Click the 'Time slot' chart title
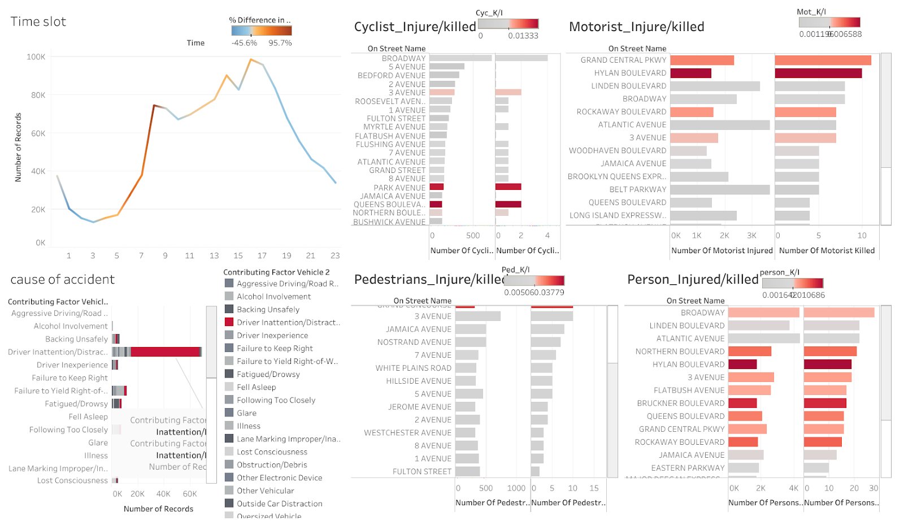[x=38, y=21]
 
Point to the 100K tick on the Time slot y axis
[x=36, y=57]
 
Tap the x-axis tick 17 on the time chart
[x=262, y=255]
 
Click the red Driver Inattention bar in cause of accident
[x=166, y=352]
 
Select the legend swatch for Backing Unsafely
[x=229, y=309]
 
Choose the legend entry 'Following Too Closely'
[x=276, y=400]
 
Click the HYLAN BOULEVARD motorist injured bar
[x=690, y=73]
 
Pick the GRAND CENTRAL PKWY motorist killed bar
[x=823, y=60]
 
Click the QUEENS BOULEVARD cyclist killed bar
[x=508, y=205]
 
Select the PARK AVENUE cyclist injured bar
[x=436, y=187]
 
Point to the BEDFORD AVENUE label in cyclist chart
[x=391, y=75]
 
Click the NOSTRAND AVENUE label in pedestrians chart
[x=414, y=342]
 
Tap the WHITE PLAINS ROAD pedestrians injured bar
[x=466, y=368]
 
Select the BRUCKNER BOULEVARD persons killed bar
[x=825, y=403]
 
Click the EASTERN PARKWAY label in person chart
[x=688, y=468]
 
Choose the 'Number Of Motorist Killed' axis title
[x=827, y=250]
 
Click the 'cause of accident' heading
[x=62, y=279]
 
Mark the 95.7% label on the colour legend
[x=280, y=43]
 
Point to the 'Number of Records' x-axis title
[x=158, y=509]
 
